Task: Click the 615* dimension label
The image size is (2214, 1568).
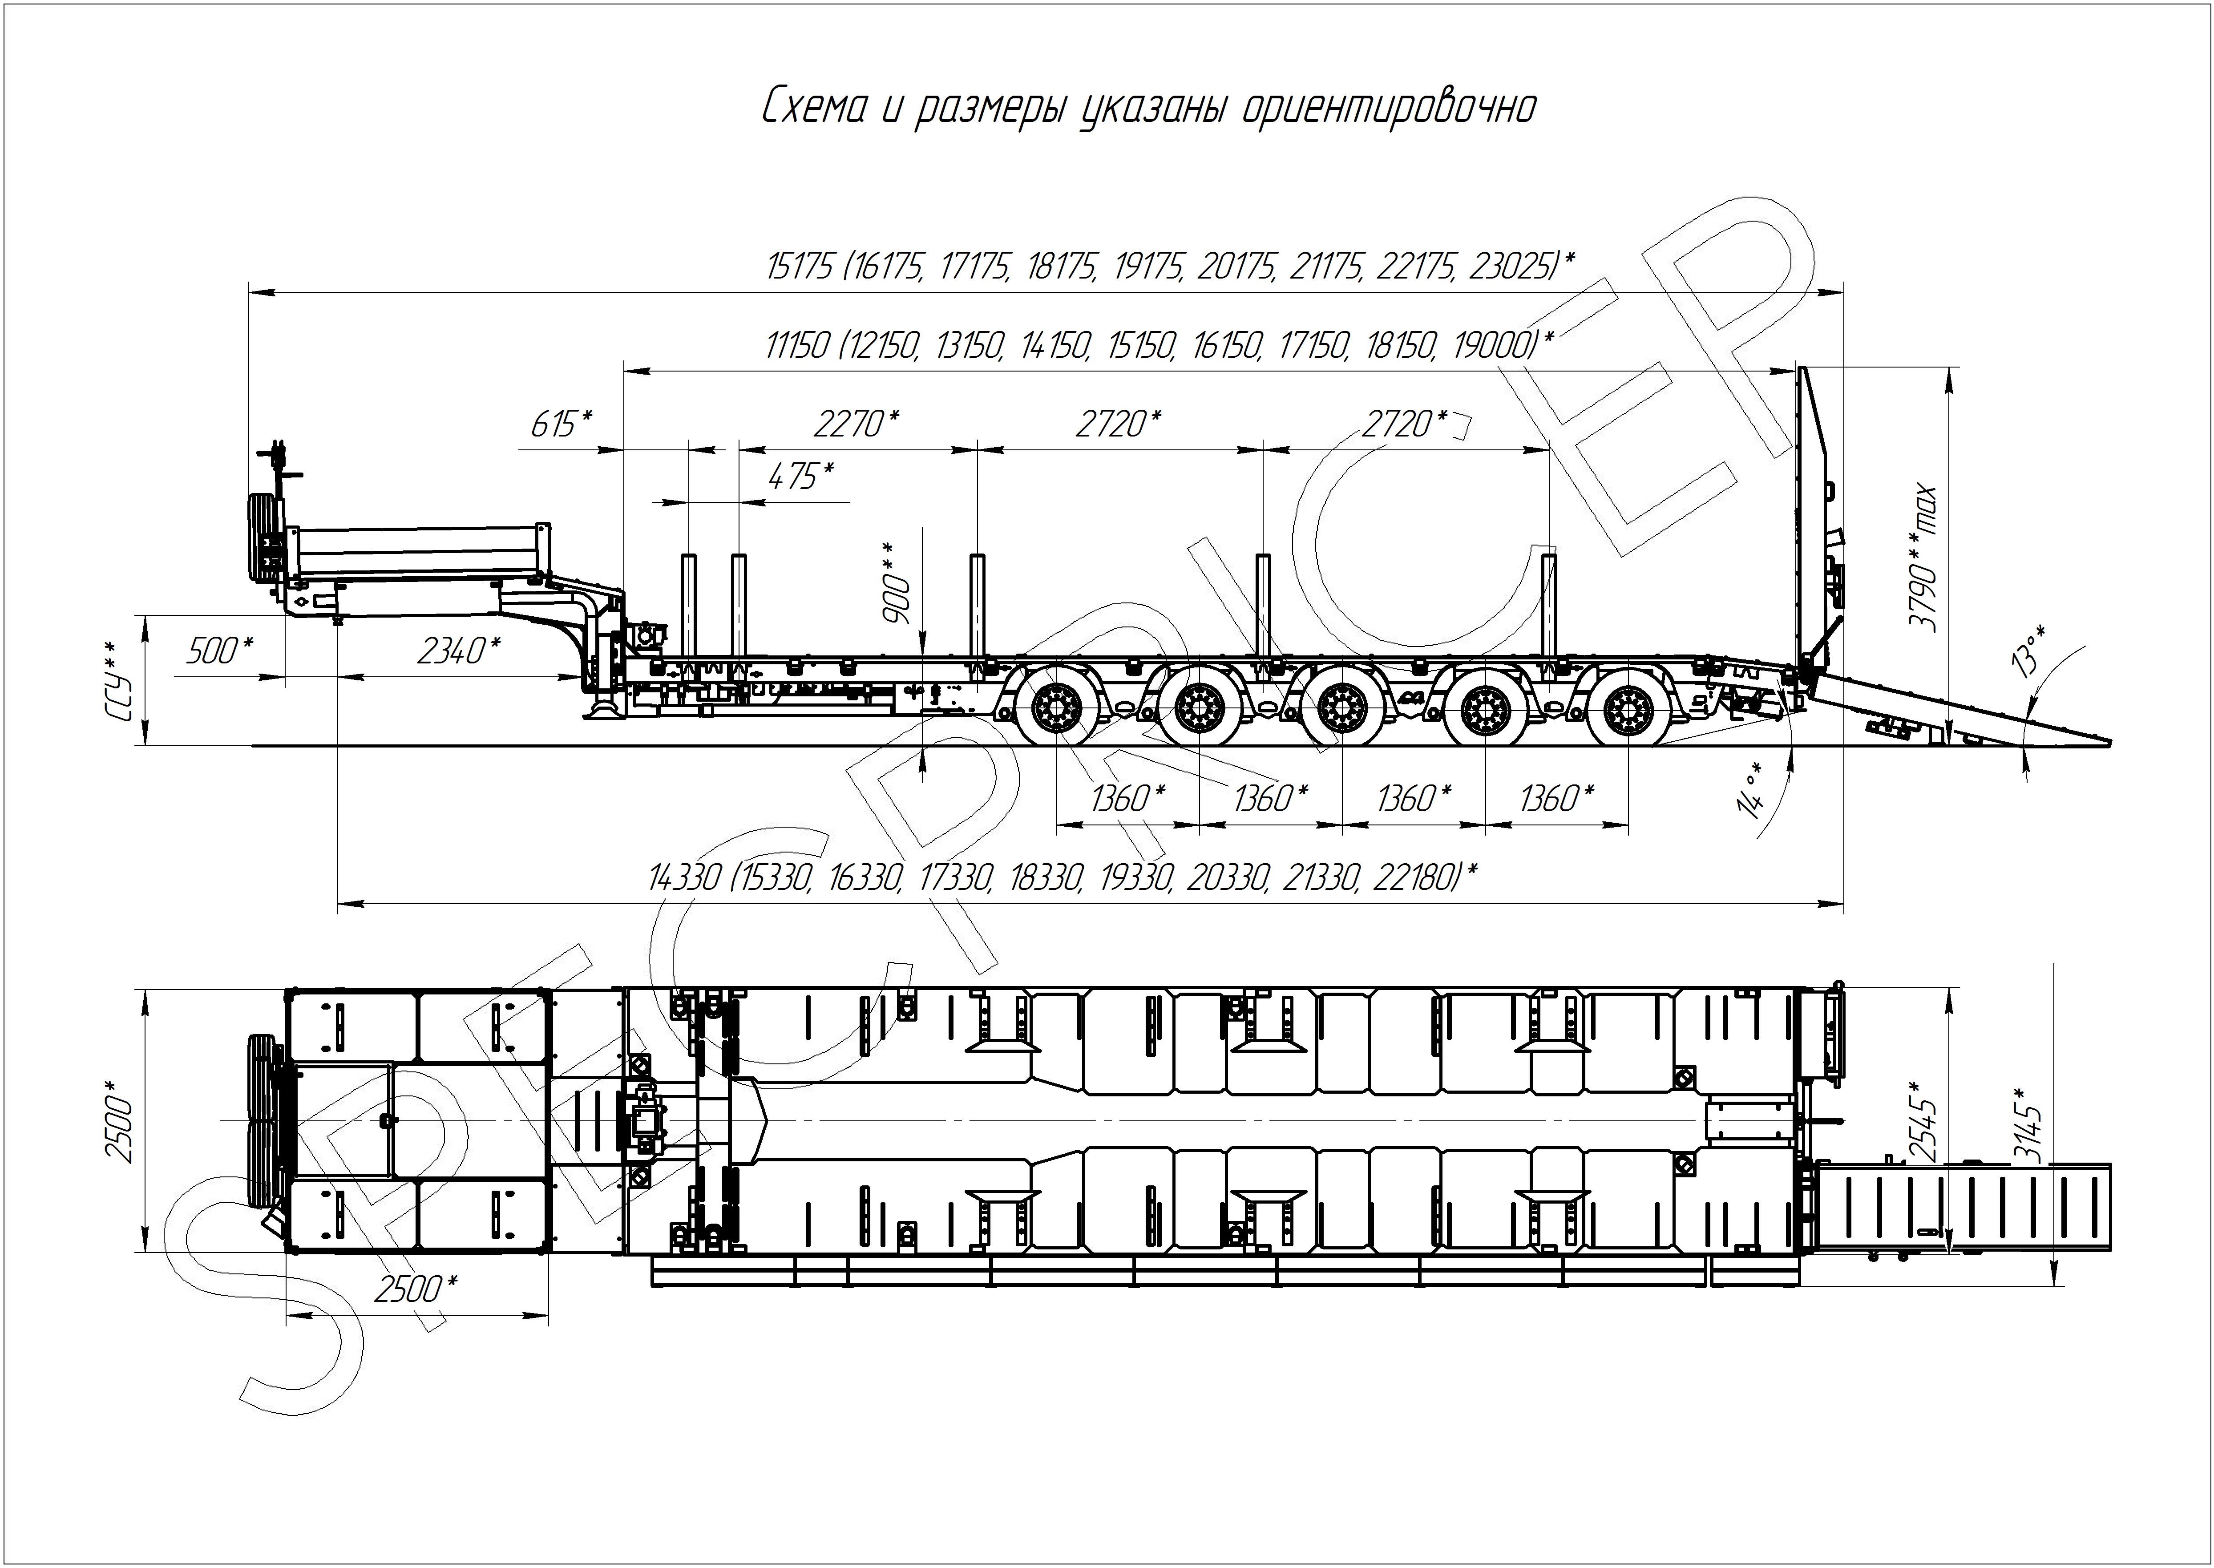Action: (x=561, y=424)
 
